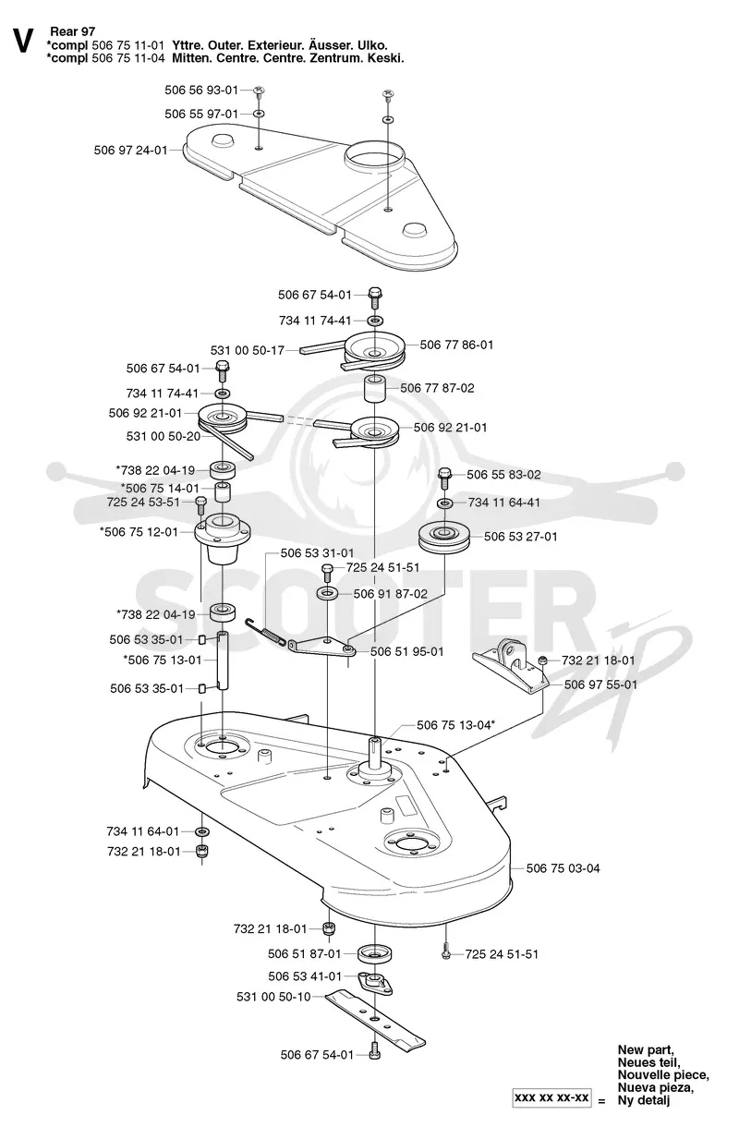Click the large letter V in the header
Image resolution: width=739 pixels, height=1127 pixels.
pyautogui.click(x=23, y=41)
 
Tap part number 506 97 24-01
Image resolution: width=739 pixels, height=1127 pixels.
pyautogui.click(x=131, y=150)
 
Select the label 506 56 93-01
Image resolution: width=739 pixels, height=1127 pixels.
pyautogui.click(x=201, y=90)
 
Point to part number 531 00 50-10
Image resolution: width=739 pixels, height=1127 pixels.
pyautogui.click(x=273, y=997)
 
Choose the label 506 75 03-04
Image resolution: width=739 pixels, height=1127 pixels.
pyautogui.click(x=563, y=868)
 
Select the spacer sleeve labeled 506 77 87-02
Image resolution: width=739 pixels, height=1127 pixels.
pyautogui.click(x=375, y=388)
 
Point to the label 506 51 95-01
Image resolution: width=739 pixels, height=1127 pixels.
pyautogui.click(x=407, y=651)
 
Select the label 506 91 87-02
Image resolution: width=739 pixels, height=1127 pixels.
pyautogui.click(x=391, y=594)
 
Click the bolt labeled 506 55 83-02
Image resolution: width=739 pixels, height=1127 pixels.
pyautogui.click(x=444, y=478)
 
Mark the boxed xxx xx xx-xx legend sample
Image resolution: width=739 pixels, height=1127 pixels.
pyautogui.click(x=551, y=1097)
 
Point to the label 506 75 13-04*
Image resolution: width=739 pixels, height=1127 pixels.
pyautogui.click(x=455, y=725)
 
